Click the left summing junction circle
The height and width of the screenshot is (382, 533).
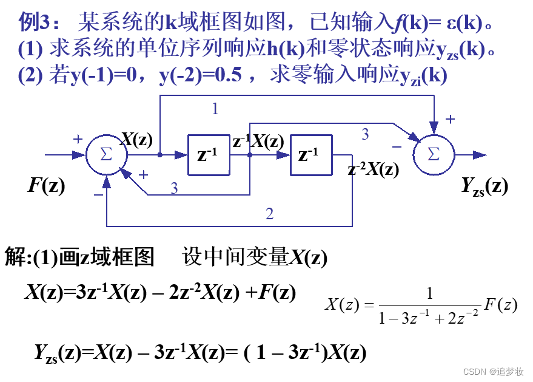coord(106,155)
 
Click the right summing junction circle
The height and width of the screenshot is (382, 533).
coord(434,155)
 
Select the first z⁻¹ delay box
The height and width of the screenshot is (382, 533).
coord(209,155)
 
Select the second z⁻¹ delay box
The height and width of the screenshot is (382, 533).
coord(311,155)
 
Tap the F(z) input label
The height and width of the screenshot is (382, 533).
coord(46,185)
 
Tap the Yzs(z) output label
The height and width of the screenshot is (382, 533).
coord(484,186)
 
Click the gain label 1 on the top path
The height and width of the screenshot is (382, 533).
coord(215,109)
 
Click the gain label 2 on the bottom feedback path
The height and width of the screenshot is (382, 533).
coord(270,214)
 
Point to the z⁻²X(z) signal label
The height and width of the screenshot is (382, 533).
coord(374,170)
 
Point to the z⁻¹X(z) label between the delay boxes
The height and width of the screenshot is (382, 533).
coord(258,142)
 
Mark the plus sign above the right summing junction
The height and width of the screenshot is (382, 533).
coord(450,120)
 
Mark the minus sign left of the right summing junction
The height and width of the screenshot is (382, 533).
coord(397,146)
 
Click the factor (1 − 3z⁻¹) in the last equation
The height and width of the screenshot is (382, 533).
coord(286,353)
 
